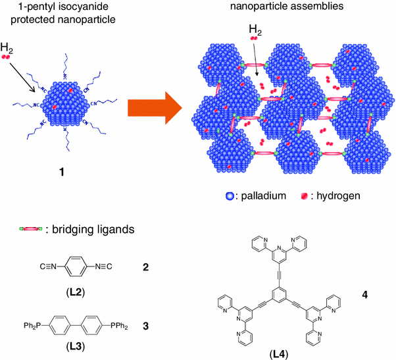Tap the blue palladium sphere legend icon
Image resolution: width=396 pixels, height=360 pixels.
point(228,195)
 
